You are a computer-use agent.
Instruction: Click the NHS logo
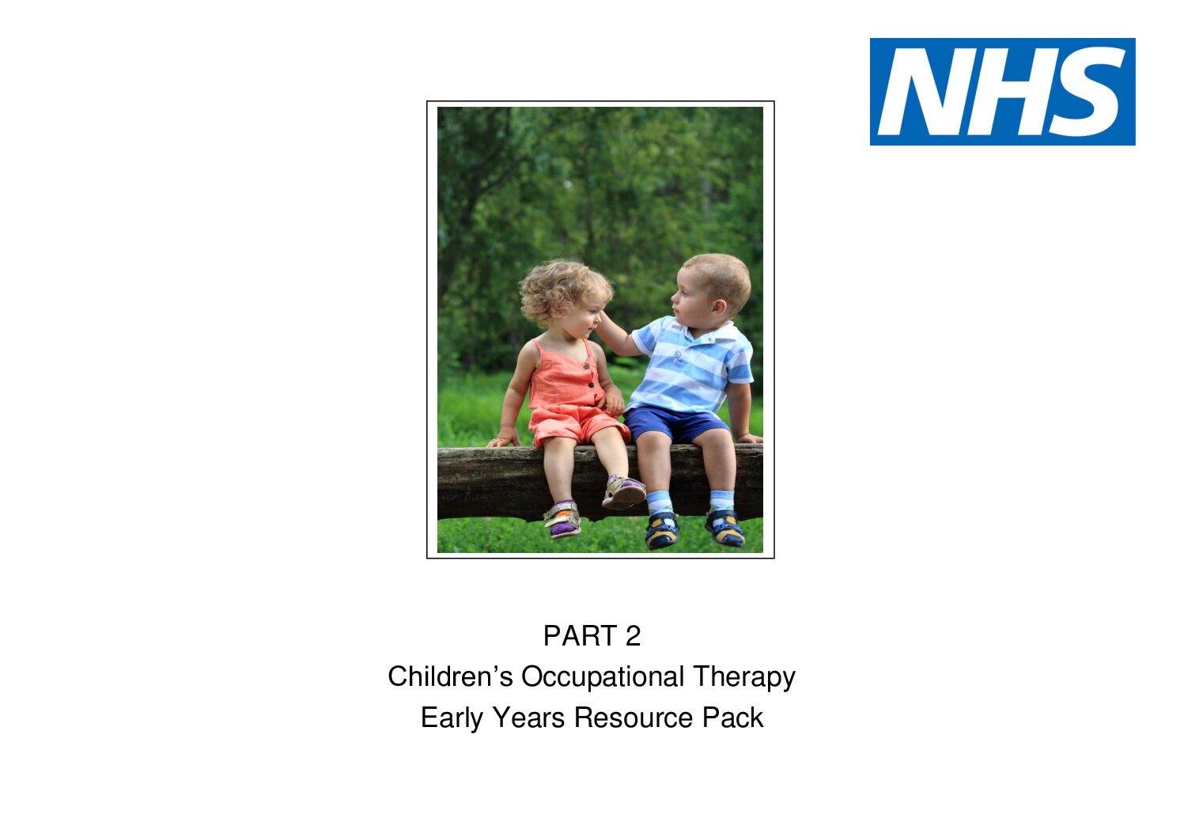click(1002, 92)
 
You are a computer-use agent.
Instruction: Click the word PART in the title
click(580, 635)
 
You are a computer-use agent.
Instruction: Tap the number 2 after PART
click(633, 635)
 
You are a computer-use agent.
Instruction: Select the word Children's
click(450, 676)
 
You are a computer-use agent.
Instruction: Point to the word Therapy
click(744, 678)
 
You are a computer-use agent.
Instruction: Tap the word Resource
click(634, 718)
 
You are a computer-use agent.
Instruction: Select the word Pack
click(732, 718)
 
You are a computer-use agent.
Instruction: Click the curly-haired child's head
click(566, 301)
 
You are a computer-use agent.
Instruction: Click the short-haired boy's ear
click(719, 307)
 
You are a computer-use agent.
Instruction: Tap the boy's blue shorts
click(676, 423)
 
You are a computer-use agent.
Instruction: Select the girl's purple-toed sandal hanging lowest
click(563, 519)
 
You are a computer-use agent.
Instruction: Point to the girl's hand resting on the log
click(504, 440)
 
